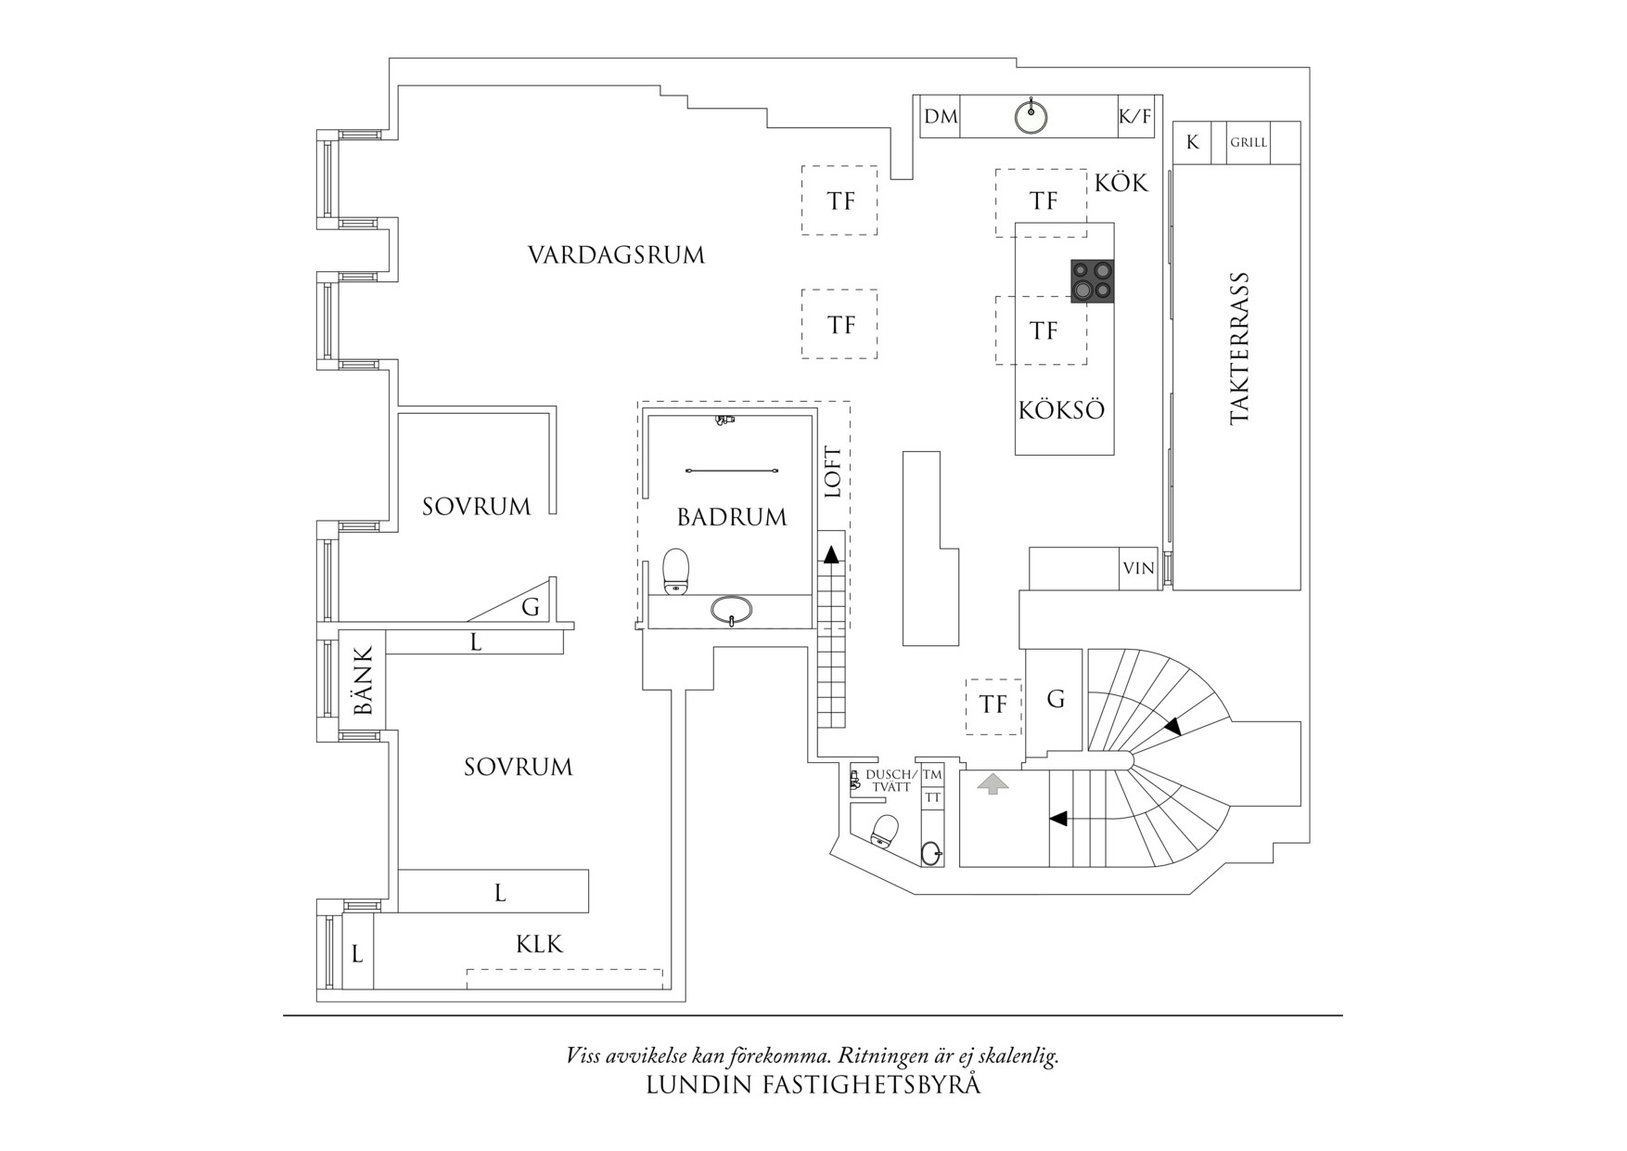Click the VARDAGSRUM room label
coord(616,255)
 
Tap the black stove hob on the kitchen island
coord(1092,281)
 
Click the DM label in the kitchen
coord(941,117)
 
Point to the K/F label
coord(1134,117)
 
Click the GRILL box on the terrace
coord(1249,143)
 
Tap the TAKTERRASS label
coord(1239,348)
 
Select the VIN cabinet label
coord(1138,568)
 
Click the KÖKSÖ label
coord(1061,410)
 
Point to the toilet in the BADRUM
coord(676,570)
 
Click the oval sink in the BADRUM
coord(732,610)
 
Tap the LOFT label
coord(833,472)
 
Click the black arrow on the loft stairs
coord(831,555)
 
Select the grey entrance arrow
coord(993,784)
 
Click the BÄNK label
coord(363,680)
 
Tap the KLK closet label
coord(539,945)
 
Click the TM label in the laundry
coord(932,775)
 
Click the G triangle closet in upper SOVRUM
coord(531,607)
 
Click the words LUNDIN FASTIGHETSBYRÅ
coord(813,1085)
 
